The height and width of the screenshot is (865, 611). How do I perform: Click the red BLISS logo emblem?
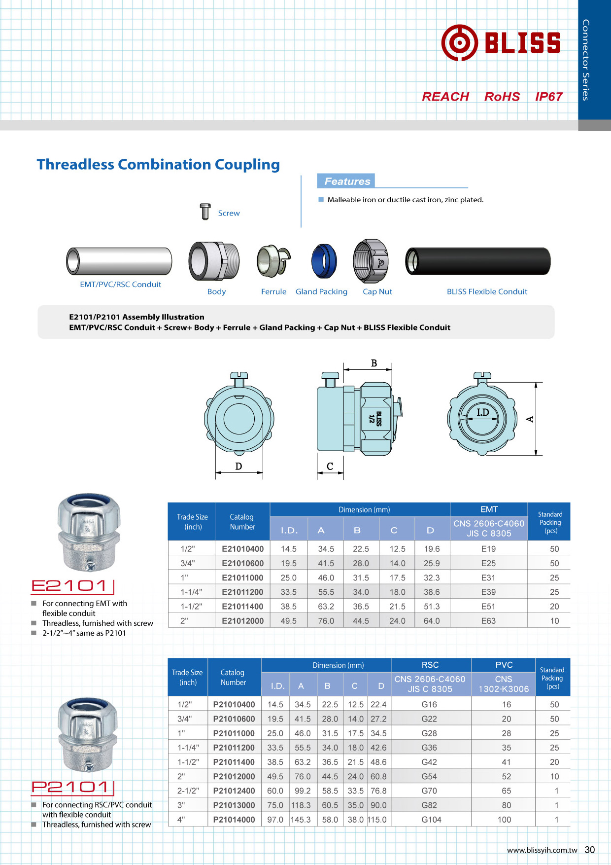459,43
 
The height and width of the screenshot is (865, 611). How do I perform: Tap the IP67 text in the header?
548,97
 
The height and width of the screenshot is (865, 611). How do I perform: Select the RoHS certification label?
502,97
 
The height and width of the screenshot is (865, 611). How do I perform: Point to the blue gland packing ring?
324,261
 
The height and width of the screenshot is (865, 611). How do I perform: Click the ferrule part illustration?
273,261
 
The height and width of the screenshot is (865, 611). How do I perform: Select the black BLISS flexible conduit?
477,261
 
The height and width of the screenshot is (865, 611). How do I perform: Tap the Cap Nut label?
377,291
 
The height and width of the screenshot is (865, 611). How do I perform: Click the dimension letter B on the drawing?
374,363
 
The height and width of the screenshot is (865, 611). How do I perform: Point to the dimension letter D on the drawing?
238,466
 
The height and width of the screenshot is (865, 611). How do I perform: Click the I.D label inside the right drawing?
482,412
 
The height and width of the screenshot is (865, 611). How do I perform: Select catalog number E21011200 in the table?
242,592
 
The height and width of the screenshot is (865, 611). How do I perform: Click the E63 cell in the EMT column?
488,621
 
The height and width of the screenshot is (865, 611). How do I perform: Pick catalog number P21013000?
234,805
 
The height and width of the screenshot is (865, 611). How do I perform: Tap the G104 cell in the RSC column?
431,819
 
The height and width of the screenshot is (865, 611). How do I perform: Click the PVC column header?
504,665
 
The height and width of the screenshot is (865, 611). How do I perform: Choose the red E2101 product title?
69,585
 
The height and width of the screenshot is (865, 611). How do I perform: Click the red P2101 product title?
70,787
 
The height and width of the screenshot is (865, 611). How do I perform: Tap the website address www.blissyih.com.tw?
542,850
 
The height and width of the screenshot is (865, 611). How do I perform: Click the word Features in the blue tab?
347,181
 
